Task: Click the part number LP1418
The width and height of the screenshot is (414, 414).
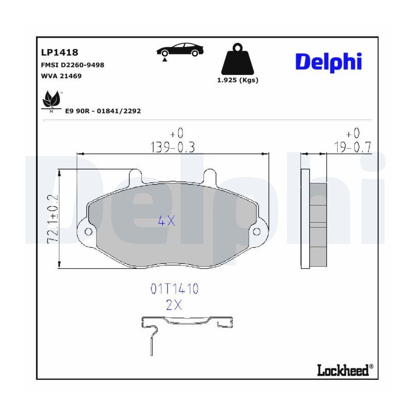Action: pos(60,52)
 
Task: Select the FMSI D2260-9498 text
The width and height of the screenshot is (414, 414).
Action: pos(73,65)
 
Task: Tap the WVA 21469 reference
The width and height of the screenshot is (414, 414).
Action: pos(61,76)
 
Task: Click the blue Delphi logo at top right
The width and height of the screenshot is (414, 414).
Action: pos(328,62)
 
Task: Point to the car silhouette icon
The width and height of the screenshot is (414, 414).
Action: pos(180,50)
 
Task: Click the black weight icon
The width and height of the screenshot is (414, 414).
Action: pos(238,59)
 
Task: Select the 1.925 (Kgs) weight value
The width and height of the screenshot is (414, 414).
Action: pos(238,80)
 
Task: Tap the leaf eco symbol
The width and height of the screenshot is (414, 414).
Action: pos(52,101)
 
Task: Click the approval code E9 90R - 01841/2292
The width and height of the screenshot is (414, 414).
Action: pos(103,111)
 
